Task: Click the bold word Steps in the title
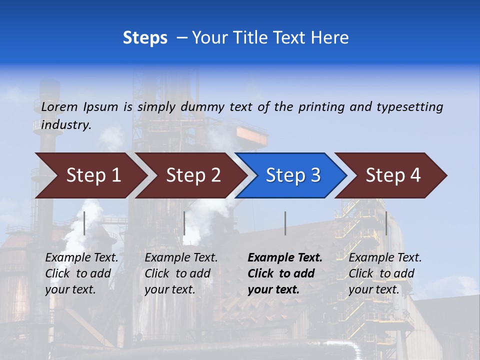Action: coord(145,38)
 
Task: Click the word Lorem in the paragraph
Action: coord(59,106)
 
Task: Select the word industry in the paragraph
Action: coord(66,124)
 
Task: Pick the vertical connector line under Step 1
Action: coord(84,223)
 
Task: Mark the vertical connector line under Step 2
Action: coord(184,223)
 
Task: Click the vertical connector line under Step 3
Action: coord(285,223)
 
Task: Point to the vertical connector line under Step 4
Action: coord(386,223)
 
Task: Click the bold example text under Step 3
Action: coord(285,273)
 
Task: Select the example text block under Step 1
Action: coord(81,273)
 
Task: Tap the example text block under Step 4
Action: coord(385,273)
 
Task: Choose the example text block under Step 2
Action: coord(181,273)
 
